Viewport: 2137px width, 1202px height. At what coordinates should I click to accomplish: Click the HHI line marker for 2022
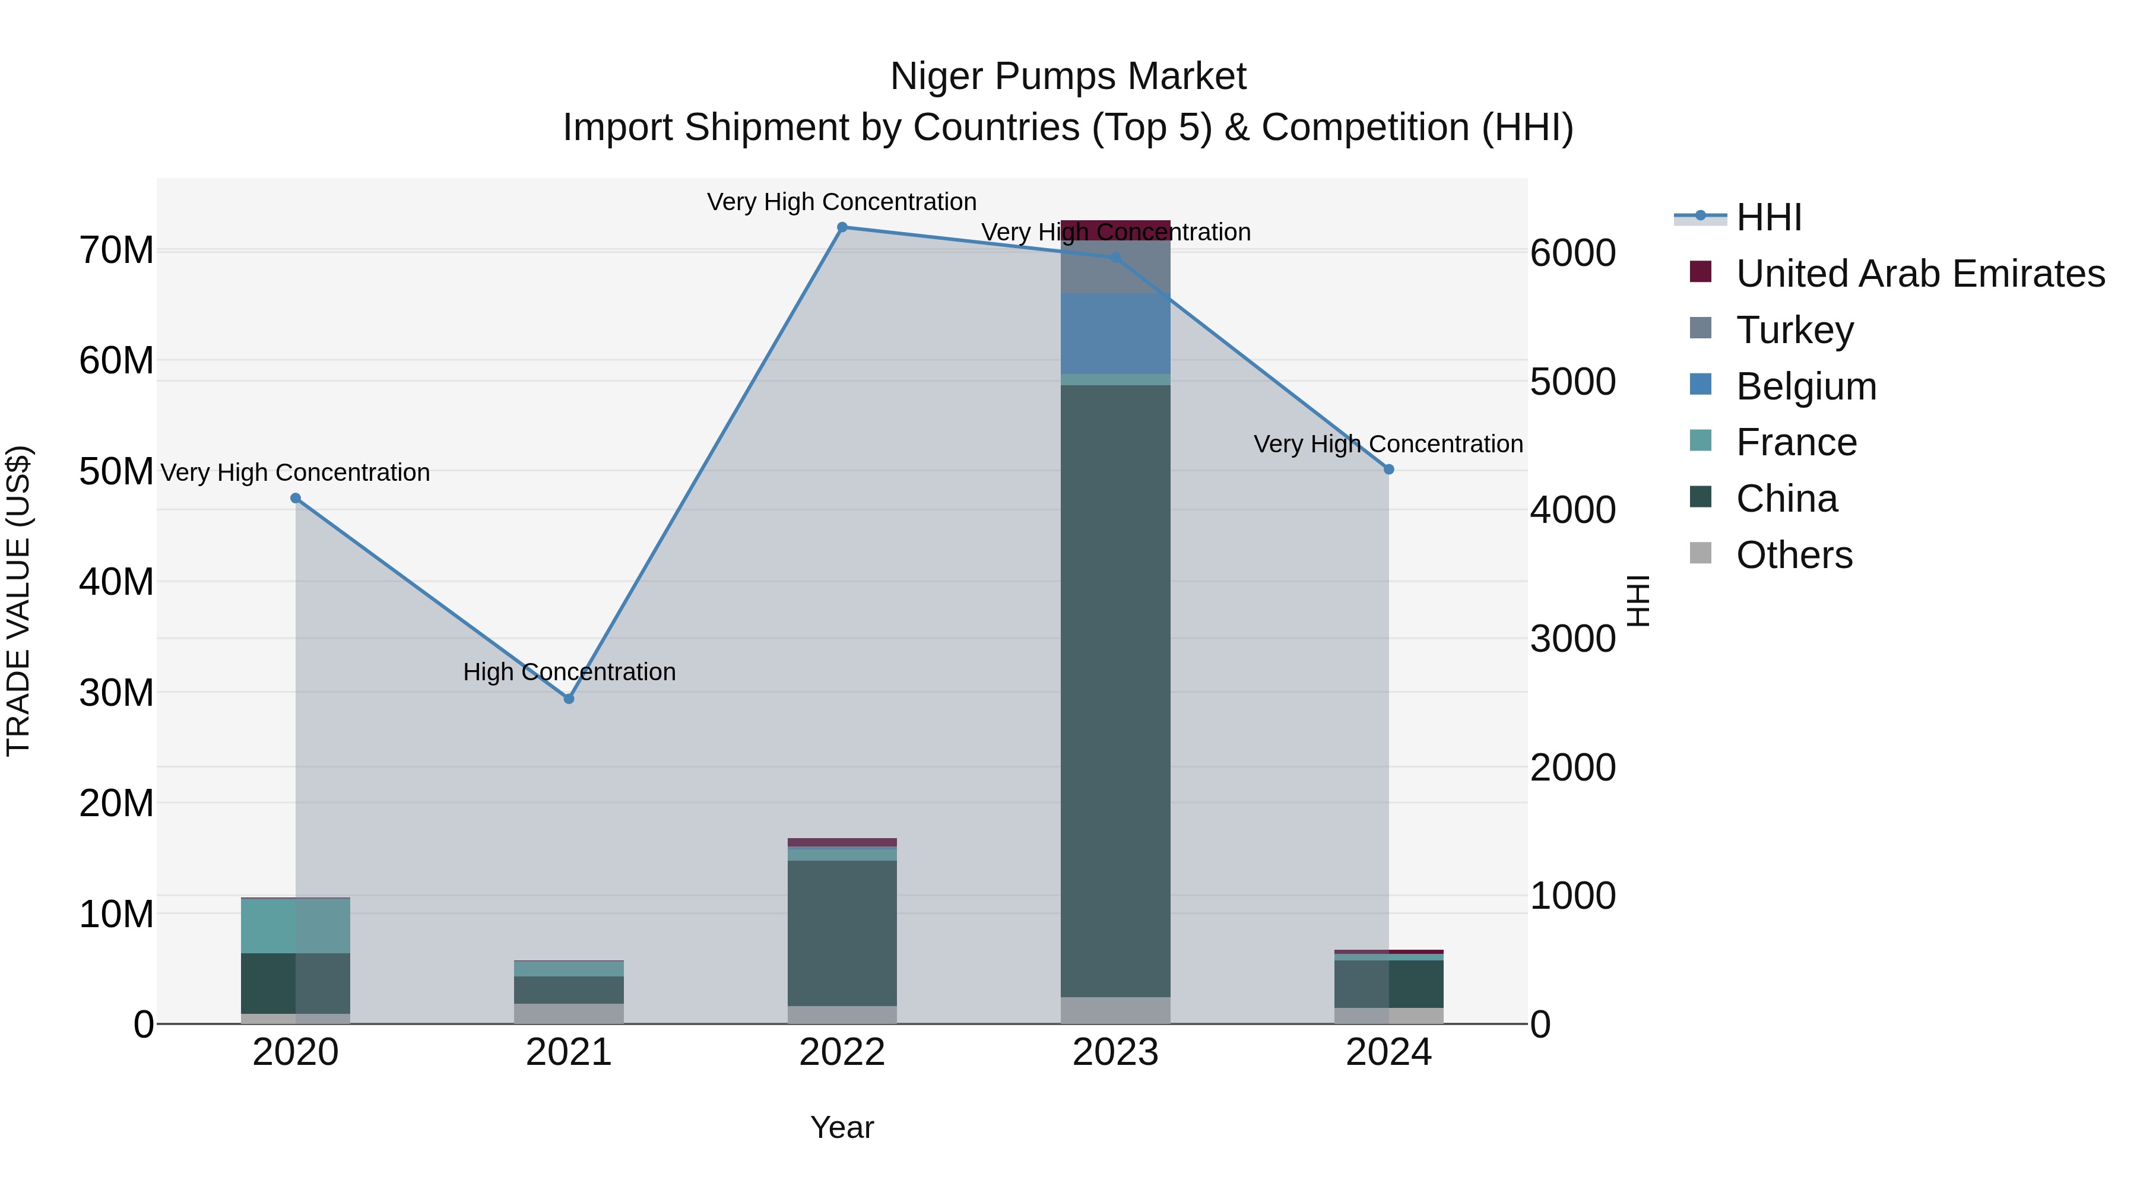842,227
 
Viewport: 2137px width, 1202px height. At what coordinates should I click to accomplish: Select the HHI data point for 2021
569,699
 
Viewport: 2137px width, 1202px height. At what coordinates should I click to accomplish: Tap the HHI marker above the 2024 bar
1388,470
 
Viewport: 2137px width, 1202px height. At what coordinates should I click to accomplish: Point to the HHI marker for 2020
296,499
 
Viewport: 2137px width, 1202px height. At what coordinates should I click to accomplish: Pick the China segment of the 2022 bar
842,933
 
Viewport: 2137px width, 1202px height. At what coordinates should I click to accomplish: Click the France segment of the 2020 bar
296,926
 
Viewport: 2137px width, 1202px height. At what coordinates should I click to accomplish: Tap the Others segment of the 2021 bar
569,1014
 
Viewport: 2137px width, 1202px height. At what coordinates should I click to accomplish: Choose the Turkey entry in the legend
1794,330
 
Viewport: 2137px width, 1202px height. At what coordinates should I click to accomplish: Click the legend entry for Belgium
1805,386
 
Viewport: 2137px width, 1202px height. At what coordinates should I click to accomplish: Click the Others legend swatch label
1793,555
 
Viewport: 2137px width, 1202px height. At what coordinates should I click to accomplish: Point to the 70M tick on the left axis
116,250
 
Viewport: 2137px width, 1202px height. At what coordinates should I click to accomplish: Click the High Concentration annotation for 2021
569,672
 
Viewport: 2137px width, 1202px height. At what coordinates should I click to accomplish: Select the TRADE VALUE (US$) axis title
18,601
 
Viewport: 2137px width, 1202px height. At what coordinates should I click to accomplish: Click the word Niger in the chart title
937,77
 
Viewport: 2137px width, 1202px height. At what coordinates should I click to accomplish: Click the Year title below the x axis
842,1127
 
